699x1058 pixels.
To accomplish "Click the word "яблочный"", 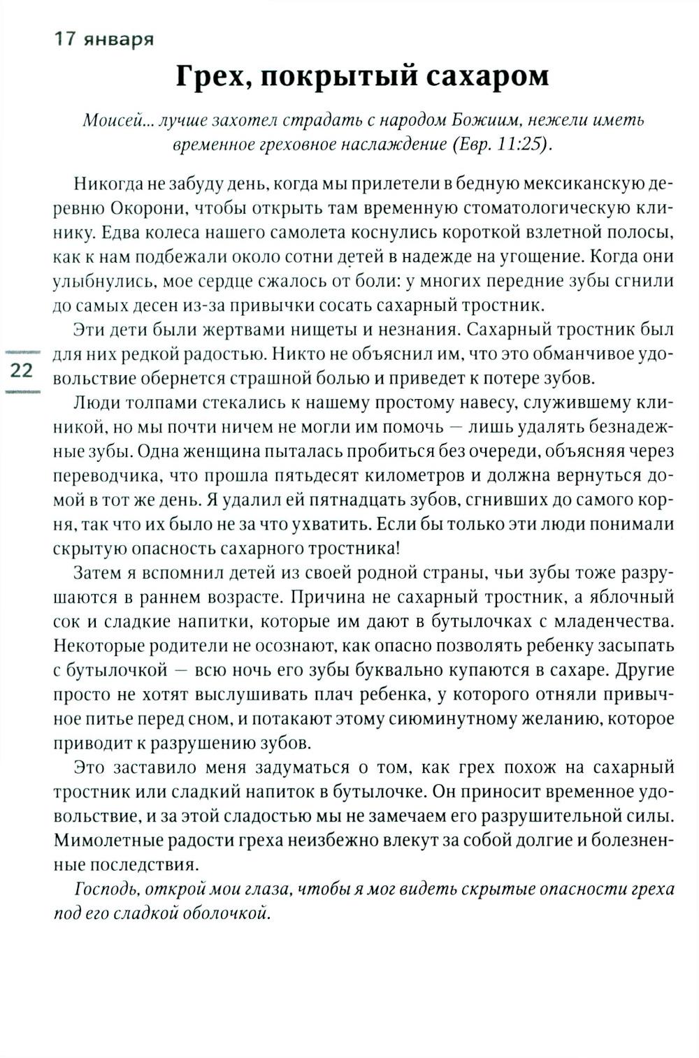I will coord(629,597).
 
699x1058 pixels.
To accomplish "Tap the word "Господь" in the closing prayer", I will coord(103,889).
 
